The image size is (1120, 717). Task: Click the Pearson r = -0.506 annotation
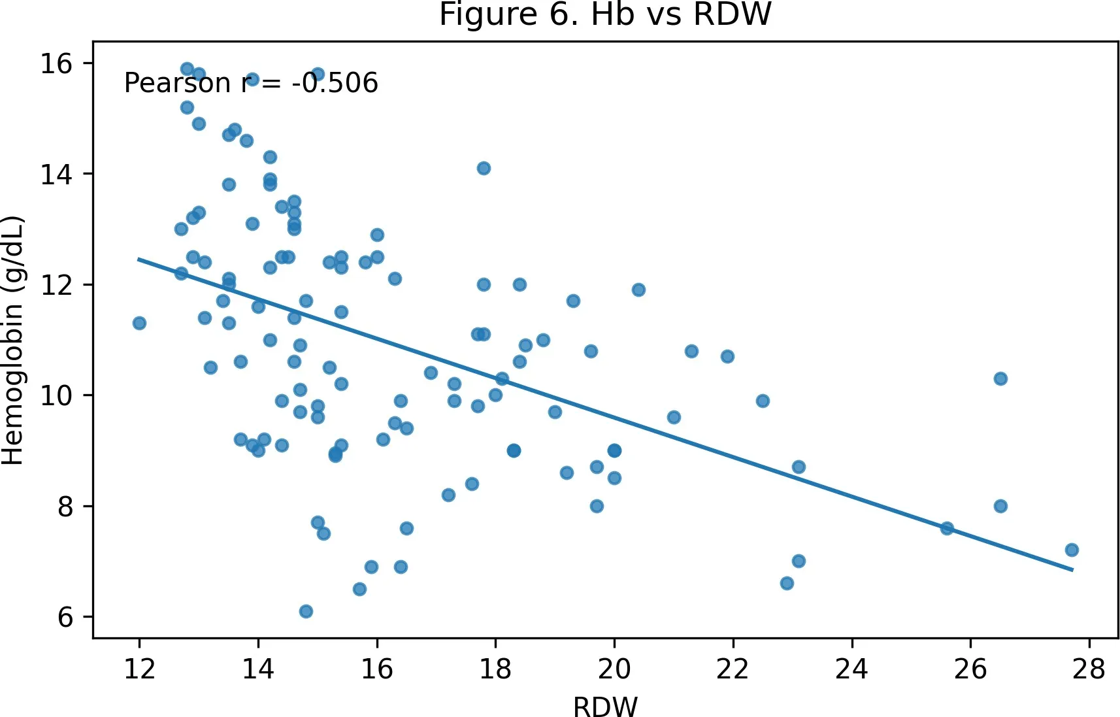tap(251, 82)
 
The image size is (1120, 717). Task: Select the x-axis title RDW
tap(605, 706)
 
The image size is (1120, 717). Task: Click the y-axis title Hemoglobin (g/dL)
tap(13, 341)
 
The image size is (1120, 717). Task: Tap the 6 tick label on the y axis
tap(65, 617)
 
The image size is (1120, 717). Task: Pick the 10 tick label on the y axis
tap(56, 395)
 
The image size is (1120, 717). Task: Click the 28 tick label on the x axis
tap(1089, 669)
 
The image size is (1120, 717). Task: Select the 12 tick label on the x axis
tap(139, 669)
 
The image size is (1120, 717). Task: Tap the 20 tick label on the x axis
tap(614, 669)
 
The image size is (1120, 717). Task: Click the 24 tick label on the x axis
tap(851, 669)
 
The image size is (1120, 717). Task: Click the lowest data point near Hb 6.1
tap(306, 611)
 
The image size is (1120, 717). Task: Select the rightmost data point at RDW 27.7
tap(1072, 550)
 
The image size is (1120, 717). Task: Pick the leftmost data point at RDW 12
tap(139, 323)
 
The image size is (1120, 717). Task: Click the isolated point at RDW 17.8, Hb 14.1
tap(484, 168)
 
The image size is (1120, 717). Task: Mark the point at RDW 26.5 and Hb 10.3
tap(1000, 378)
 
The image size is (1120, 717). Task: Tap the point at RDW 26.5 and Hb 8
tap(1000, 506)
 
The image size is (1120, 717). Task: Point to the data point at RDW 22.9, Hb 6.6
tap(787, 583)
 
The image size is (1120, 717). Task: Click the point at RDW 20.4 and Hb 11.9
tap(638, 290)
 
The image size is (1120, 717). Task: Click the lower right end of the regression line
tap(1073, 570)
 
